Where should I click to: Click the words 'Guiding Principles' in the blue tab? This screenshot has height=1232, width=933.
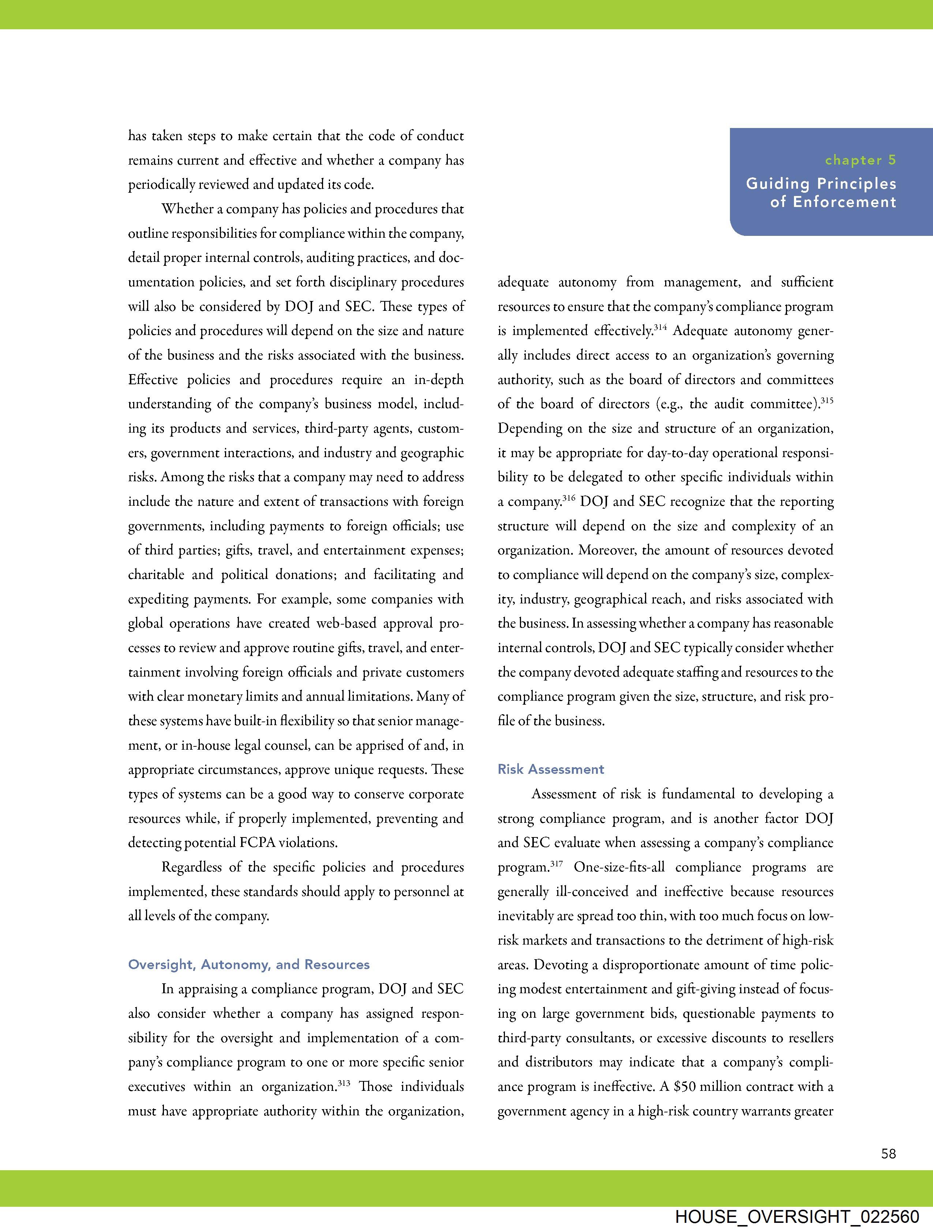point(821,184)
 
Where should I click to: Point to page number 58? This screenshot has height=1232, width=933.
point(888,1153)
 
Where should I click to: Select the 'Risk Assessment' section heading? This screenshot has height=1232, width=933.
point(551,769)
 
